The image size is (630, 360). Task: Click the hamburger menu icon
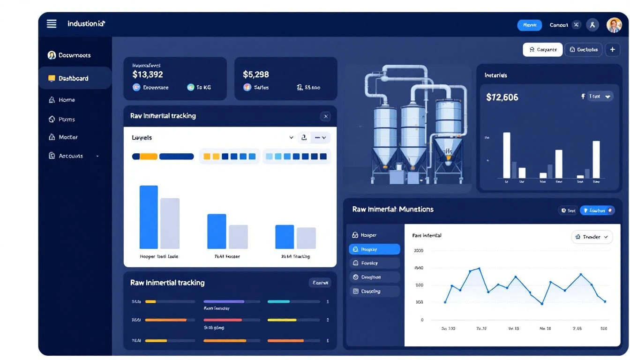coord(52,23)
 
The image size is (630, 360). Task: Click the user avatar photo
coord(614,25)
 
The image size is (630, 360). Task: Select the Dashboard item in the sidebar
coord(74,78)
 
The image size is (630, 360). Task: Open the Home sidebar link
coord(67,100)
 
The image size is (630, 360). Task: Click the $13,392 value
coord(148,75)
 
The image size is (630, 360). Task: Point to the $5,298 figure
coord(256,75)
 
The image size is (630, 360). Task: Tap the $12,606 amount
coord(502,97)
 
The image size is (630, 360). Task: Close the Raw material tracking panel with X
coord(325,116)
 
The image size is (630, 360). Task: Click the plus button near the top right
coord(612,49)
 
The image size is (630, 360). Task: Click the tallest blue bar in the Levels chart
coord(149,217)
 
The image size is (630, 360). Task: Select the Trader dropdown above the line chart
coord(592,237)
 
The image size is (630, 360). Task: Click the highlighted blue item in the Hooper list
coord(374,249)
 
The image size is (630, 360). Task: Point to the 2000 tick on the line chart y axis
coord(418,251)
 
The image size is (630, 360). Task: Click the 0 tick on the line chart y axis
coord(422,320)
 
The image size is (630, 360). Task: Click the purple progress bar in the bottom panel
coord(224,301)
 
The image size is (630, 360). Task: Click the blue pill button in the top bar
coord(529,25)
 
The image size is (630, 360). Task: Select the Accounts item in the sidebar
coord(71,156)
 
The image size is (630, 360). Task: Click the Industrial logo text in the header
coord(86,23)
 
